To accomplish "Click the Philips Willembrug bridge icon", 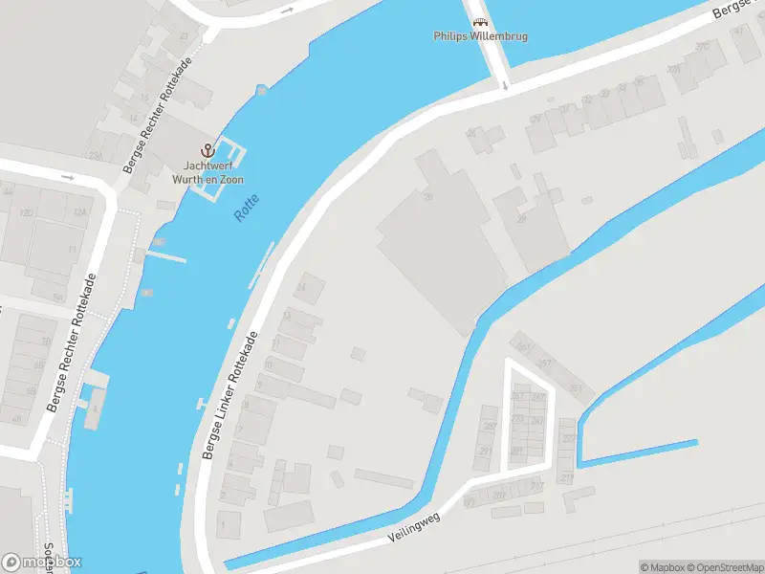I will tap(480, 21).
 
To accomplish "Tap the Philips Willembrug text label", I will tap(480, 37).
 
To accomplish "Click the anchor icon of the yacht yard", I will tap(207, 150).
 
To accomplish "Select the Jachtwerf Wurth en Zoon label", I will tap(208, 172).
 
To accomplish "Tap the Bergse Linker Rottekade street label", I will tap(230, 394).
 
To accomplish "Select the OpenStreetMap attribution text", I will tap(723, 567).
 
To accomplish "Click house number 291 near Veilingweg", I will tap(487, 451).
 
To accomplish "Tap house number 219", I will tap(567, 478).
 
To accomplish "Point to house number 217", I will tap(537, 487).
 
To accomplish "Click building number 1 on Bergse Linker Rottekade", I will tap(229, 523).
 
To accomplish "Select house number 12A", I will tap(80, 212).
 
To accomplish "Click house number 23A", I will tap(94, 155).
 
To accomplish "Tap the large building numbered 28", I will tap(428, 197).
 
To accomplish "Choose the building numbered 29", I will tap(522, 218).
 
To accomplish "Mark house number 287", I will tap(489, 427).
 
